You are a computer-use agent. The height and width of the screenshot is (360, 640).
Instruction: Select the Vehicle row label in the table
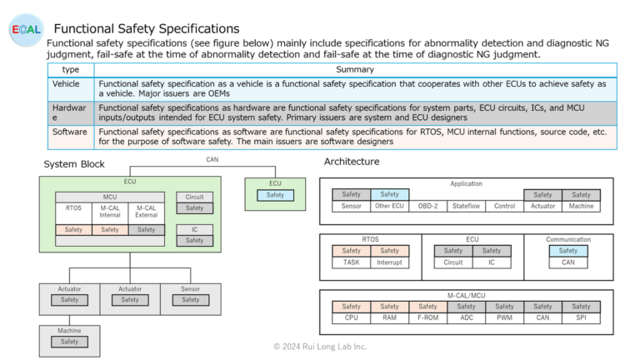[66, 84]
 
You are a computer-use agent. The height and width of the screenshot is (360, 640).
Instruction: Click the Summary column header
[354, 69]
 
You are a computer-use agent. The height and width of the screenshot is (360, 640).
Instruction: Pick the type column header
[71, 69]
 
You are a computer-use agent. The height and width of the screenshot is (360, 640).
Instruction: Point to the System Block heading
[74, 164]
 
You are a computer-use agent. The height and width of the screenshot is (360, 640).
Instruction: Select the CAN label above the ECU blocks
[213, 158]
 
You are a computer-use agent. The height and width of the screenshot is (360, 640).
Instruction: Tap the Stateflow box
[466, 206]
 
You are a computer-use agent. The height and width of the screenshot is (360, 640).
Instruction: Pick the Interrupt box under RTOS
[389, 262]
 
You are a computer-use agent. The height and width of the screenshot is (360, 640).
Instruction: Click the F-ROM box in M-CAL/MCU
[427, 317]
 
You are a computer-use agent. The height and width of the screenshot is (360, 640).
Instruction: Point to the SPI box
[581, 317]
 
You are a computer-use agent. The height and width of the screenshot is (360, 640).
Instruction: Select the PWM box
[504, 317]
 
